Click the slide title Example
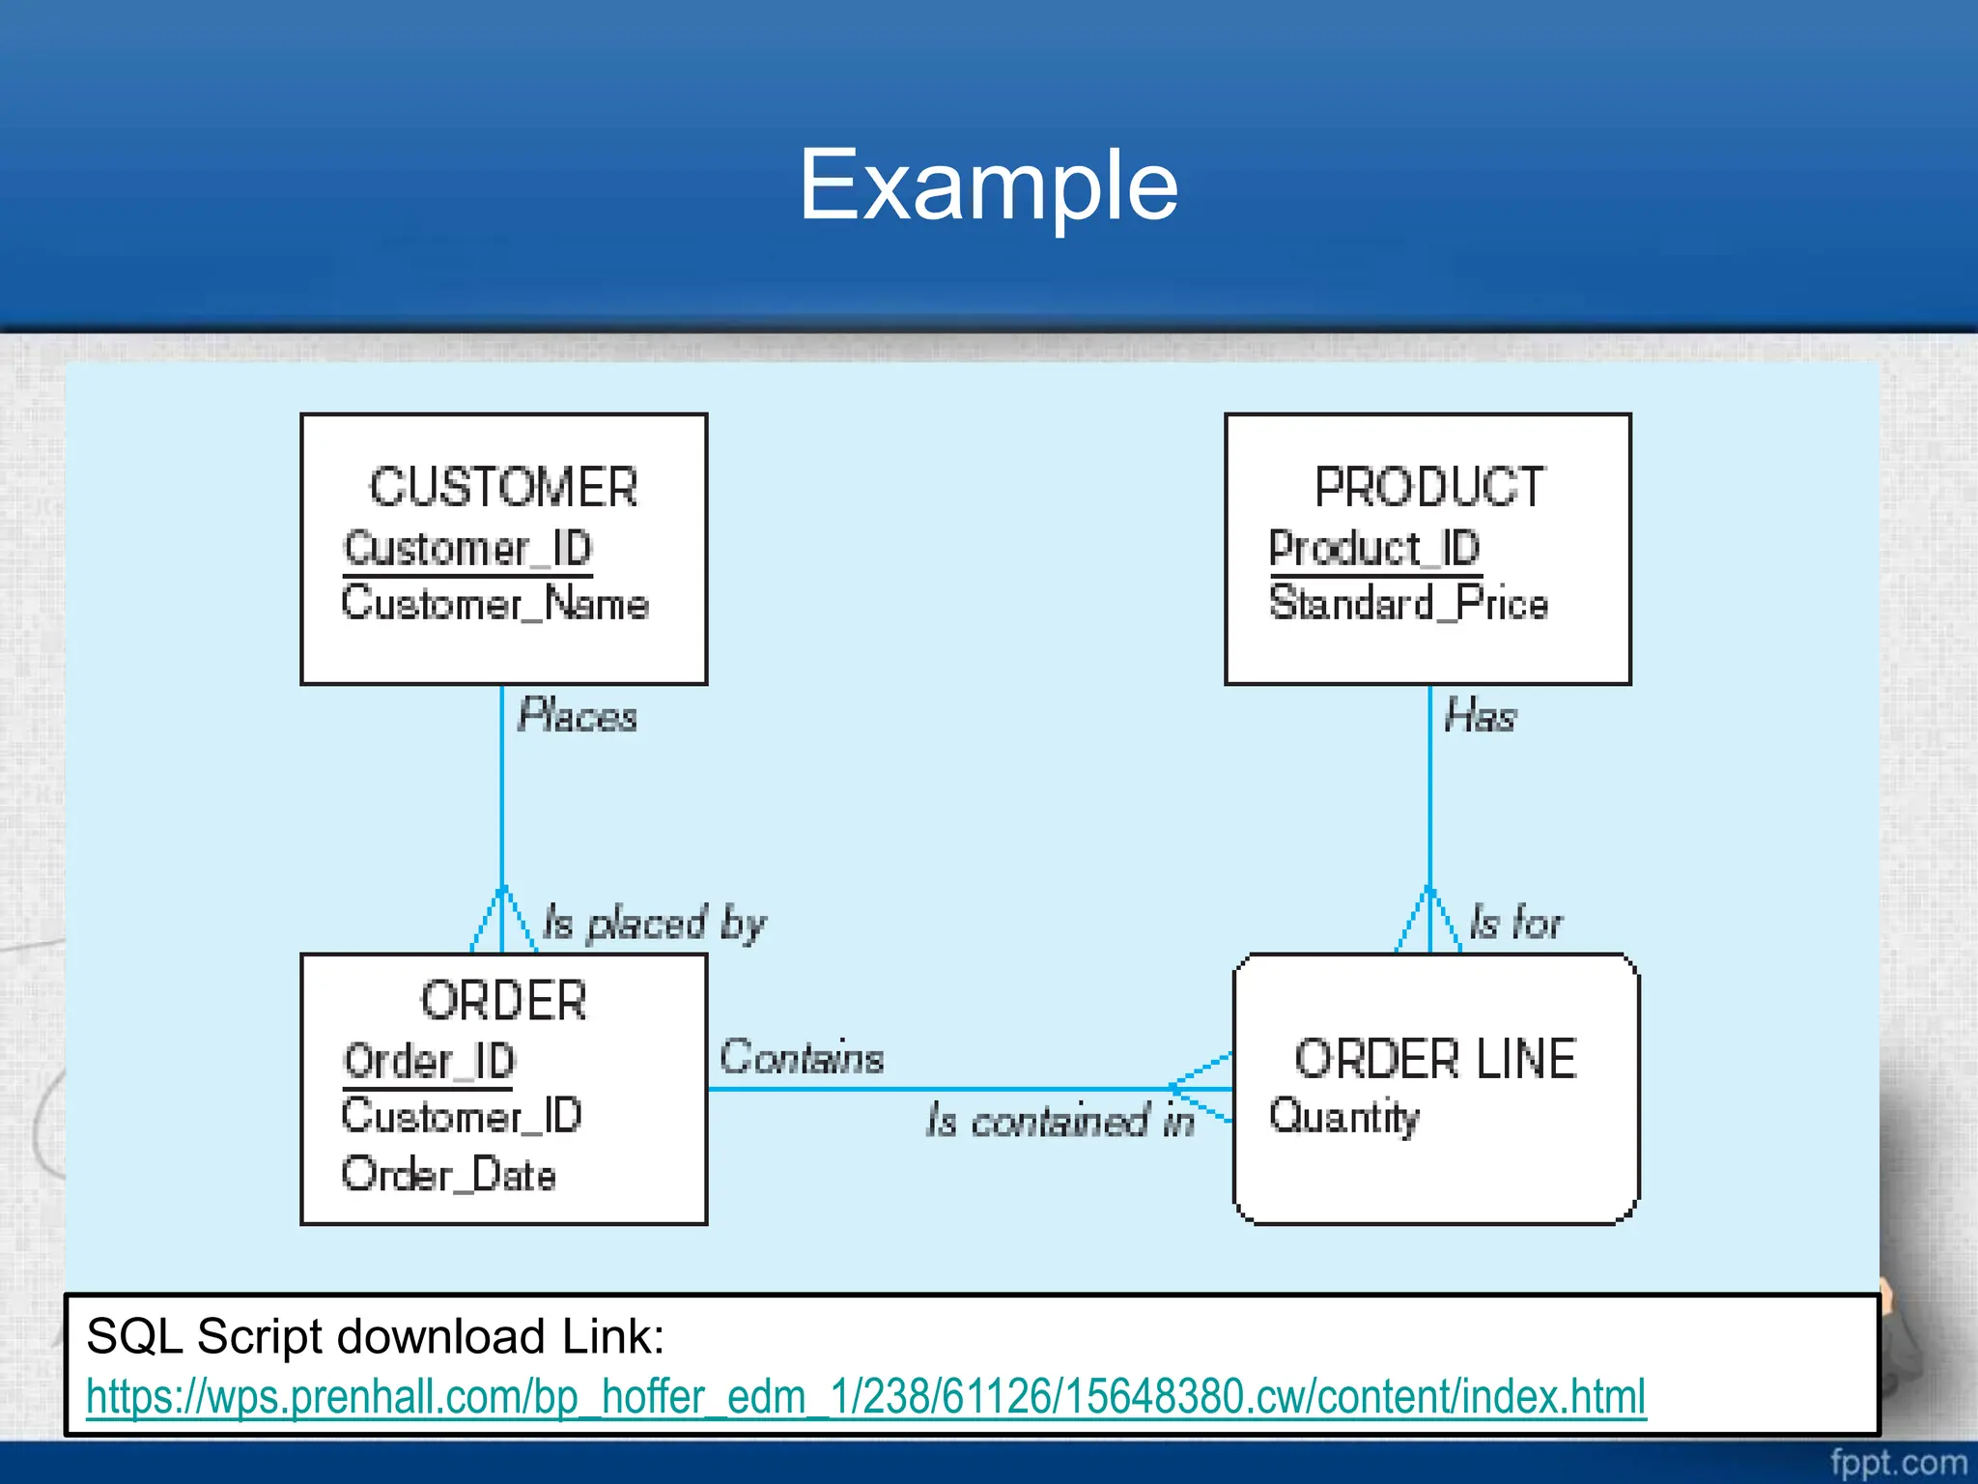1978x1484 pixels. [x=988, y=185]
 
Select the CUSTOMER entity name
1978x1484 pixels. [x=503, y=487]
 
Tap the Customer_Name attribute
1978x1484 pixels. [x=494, y=604]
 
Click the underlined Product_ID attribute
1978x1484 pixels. [x=1374, y=549]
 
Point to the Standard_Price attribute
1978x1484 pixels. [x=1408, y=604]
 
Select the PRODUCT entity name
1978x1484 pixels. [x=1429, y=487]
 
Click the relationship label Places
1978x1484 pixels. [x=578, y=716]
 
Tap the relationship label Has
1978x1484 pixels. [x=1480, y=716]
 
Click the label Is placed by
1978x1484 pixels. [x=654, y=923]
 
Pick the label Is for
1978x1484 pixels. [x=1515, y=923]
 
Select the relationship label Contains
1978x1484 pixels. [x=802, y=1057]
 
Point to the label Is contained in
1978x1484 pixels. [x=1060, y=1121]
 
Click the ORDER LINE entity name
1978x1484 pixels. [x=1435, y=1060]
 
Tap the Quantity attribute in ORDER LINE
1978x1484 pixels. [x=1343, y=1117]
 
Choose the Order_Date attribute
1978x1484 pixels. [x=449, y=1175]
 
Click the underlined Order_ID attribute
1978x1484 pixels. [x=430, y=1062]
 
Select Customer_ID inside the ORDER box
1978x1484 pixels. [x=462, y=1117]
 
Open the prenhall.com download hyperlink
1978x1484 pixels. [x=865, y=1397]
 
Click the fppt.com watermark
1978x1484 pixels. [x=1898, y=1463]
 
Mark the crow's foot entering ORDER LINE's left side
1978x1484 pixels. [x=1201, y=1089]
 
